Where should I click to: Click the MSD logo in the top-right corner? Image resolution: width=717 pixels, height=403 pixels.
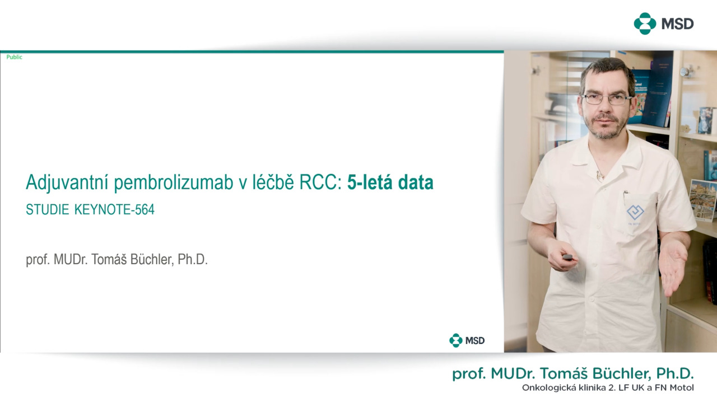(664, 24)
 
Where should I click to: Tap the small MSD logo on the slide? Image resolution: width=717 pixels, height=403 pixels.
(467, 340)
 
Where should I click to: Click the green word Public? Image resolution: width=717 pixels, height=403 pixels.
(15, 57)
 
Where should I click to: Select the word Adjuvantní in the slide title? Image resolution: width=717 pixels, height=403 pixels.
(67, 182)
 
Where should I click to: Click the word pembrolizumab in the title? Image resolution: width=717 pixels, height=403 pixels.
(174, 182)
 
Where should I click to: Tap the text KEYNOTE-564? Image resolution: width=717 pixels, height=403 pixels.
(114, 210)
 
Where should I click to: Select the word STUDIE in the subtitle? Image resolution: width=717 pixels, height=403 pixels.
(48, 210)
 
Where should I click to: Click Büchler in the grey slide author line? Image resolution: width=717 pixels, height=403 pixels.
(152, 259)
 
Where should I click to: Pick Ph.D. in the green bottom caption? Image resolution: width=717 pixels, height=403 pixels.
(675, 373)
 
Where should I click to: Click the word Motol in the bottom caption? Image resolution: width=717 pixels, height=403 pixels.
(682, 388)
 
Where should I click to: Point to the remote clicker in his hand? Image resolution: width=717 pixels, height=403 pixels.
(567, 256)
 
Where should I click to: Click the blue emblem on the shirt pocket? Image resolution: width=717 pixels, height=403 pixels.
(635, 212)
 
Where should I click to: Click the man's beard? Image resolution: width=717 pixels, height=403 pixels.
(606, 128)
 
